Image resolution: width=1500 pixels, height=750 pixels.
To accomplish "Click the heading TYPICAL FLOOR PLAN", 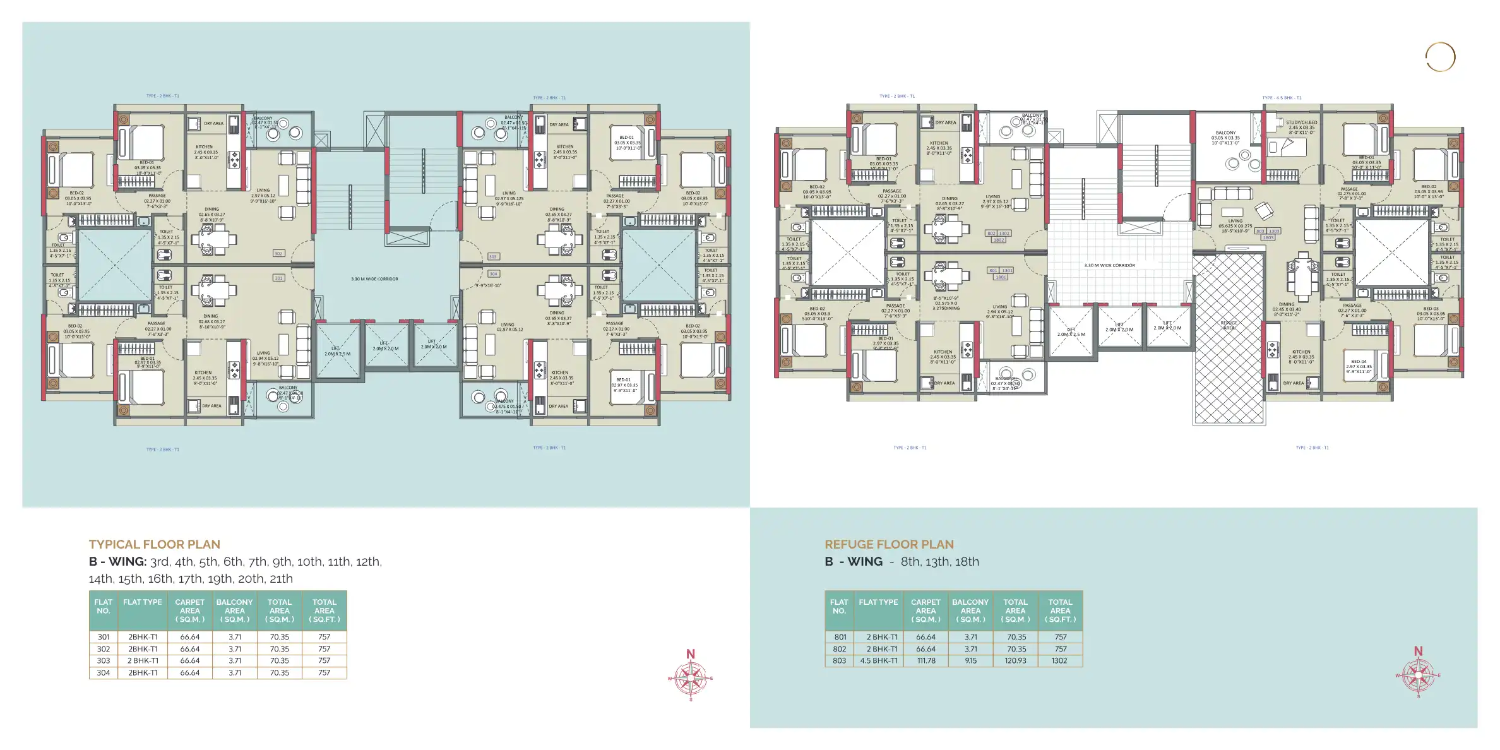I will [154, 544].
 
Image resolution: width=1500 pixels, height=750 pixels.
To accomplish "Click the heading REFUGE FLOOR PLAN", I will [889, 544].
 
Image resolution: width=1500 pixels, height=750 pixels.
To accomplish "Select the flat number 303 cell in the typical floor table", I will [104, 660].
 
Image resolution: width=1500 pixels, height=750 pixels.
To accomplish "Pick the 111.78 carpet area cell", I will [926, 660].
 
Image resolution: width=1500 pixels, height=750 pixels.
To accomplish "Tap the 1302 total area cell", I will [1059, 660].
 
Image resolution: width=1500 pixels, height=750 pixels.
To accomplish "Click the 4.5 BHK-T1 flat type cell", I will [878, 660].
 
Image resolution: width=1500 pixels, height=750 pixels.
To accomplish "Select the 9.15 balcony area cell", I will [970, 660].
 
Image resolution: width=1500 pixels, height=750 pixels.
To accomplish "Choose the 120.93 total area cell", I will [1015, 660].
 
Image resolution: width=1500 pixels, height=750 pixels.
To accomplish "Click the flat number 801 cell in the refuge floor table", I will [840, 637].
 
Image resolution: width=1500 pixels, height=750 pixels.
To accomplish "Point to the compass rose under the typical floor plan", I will [691, 678].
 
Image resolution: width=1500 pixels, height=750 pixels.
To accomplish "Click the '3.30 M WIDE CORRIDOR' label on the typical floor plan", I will [374, 278].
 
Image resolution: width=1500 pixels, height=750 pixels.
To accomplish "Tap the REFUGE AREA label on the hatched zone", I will [1229, 325].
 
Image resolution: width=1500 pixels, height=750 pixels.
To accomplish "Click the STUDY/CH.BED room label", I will [1301, 125].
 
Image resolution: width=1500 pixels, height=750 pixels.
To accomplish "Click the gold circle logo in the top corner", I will [1440, 57].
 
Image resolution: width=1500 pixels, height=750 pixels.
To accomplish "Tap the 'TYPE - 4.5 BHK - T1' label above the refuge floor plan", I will [1282, 98].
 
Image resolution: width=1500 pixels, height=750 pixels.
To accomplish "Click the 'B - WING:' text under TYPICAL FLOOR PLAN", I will [117, 562].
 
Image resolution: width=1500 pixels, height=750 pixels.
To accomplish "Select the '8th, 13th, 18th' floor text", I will [939, 562].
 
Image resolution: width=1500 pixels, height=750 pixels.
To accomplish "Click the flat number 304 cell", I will [104, 672].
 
